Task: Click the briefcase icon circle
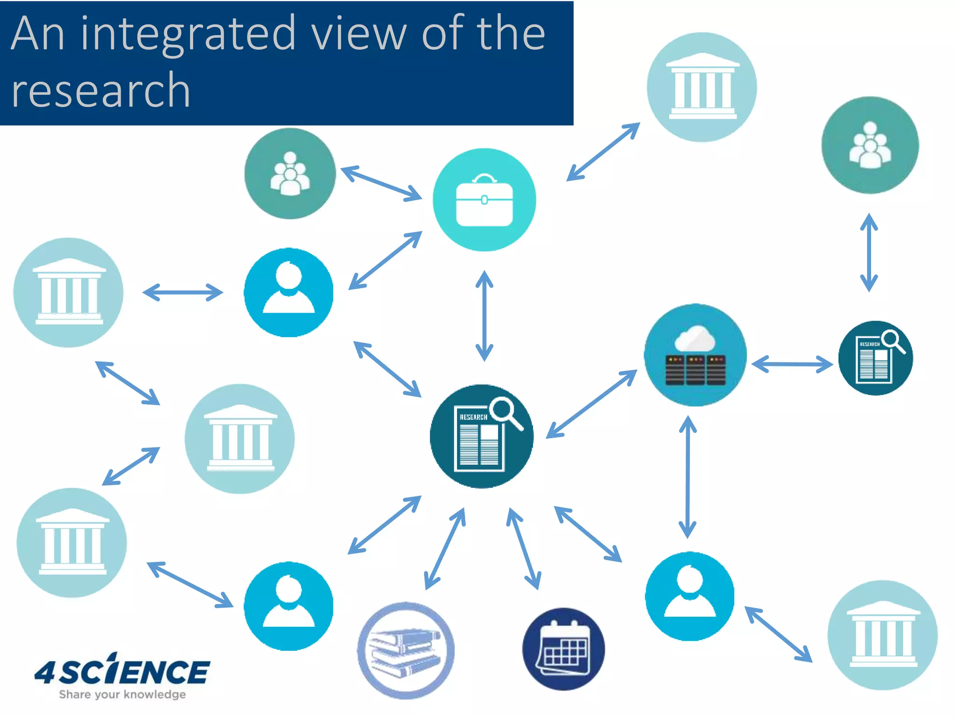pos(484,200)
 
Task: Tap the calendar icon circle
pos(563,649)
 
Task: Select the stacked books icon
pos(406,650)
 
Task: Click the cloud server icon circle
pos(695,355)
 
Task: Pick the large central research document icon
pos(481,436)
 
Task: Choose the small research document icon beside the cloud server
pos(875,358)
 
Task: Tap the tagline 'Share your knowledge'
pos(122,695)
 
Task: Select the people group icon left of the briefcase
pos(290,174)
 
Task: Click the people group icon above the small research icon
pos(870,145)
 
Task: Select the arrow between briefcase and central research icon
pos(484,316)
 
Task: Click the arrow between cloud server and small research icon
pos(792,364)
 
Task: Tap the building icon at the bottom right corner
pos(882,635)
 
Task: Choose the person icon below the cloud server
pos(689,596)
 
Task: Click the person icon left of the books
pos(288,606)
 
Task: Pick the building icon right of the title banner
pos(702,87)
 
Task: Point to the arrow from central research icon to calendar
pos(524,549)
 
